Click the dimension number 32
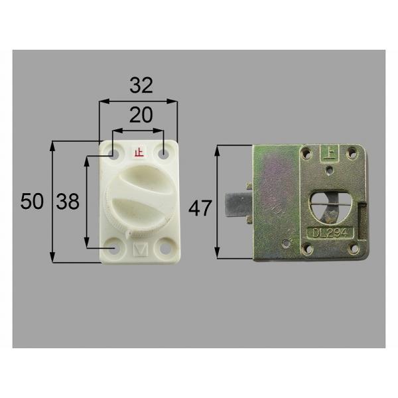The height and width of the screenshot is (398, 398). click(x=141, y=86)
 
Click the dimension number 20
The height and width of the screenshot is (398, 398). click(x=141, y=115)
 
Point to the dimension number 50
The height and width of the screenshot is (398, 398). click(x=32, y=201)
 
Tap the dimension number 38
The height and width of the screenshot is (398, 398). click(x=68, y=201)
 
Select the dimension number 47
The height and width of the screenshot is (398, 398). click(x=200, y=208)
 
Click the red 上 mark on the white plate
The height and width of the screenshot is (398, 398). click(x=139, y=153)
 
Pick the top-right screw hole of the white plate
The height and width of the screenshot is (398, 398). click(x=163, y=153)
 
